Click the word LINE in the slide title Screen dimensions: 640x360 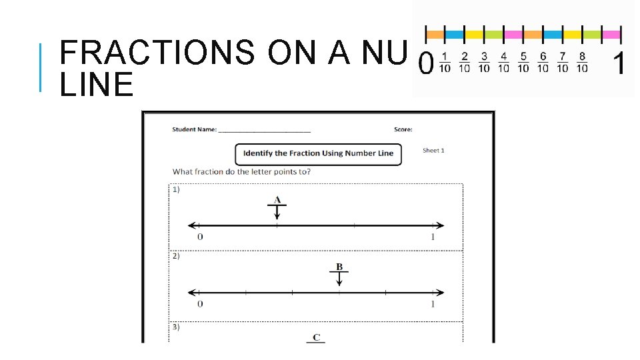pos(97,85)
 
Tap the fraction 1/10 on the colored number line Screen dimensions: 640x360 pos(445,62)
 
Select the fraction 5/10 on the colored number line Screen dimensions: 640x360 pos(523,62)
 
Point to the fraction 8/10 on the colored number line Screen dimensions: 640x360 pos(582,62)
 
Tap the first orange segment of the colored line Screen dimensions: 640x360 pos(435,34)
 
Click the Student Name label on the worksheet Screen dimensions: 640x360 pos(193,129)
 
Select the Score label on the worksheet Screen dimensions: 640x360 pos(403,129)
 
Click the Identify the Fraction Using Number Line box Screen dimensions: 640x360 pos(318,153)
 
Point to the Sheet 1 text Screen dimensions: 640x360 pos(433,151)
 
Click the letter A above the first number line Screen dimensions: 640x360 pos(277,199)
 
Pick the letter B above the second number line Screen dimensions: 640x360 pos(339,267)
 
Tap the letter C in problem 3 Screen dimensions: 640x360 pos(316,337)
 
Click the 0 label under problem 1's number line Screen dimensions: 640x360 pos(200,237)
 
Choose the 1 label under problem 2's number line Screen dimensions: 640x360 pos(432,304)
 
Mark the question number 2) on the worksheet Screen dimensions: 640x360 pos(176,256)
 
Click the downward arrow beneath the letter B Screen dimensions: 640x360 pos(339,279)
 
